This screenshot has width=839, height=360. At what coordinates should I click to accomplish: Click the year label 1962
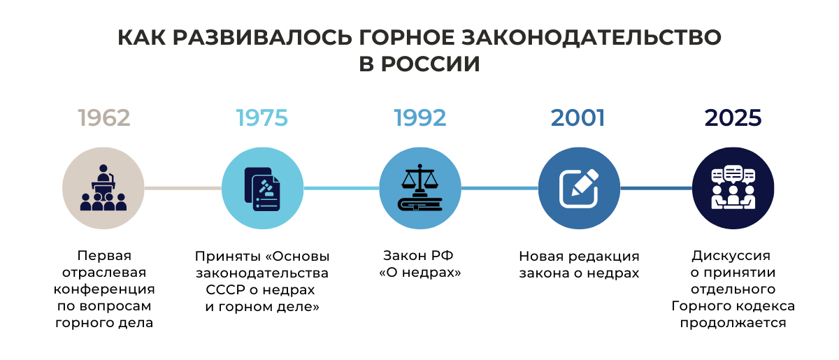click(x=104, y=118)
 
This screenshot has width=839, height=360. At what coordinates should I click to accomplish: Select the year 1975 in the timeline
click(x=262, y=118)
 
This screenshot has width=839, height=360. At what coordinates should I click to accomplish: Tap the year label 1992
click(x=420, y=118)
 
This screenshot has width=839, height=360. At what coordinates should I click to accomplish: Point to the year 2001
click(x=578, y=118)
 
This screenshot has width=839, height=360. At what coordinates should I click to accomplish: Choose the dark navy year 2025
click(x=733, y=118)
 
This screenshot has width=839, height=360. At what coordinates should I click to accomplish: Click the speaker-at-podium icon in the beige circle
click(x=103, y=187)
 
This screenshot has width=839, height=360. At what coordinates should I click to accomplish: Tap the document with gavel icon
click(x=262, y=189)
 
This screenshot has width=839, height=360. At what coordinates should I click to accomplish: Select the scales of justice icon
click(x=420, y=187)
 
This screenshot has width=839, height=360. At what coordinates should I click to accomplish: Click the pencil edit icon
click(x=579, y=189)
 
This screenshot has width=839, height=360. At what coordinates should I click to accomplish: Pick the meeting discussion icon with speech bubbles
click(x=733, y=187)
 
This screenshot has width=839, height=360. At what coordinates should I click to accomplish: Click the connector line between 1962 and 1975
click(x=182, y=188)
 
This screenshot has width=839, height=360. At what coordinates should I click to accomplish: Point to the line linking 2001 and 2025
click(x=657, y=188)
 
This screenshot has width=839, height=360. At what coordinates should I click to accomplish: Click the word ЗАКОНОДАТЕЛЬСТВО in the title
click(x=591, y=38)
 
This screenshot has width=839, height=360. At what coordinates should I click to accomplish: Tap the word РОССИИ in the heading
click(x=431, y=64)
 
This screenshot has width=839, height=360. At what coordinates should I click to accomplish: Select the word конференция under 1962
click(x=104, y=289)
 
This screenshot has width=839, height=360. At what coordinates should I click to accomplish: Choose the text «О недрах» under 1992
click(x=420, y=273)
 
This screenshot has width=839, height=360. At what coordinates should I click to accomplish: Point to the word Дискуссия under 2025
click(x=731, y=256)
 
